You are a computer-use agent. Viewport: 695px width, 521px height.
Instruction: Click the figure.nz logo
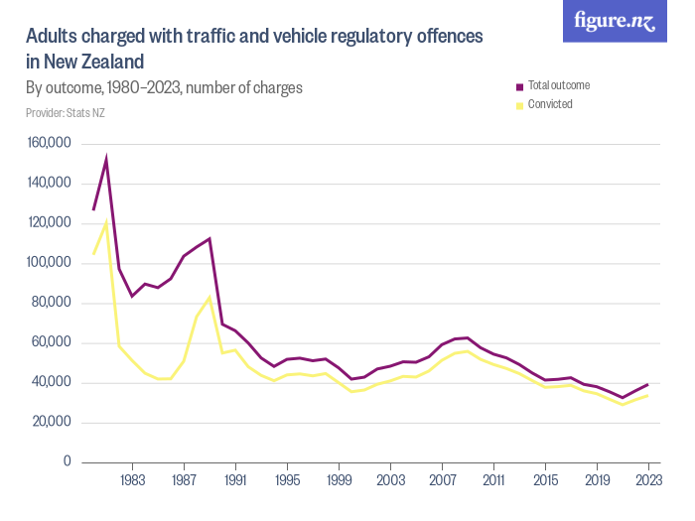(615, 21)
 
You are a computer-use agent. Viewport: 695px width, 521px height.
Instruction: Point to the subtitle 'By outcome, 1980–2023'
(164, 88)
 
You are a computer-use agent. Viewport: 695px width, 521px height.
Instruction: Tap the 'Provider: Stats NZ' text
(66, 113)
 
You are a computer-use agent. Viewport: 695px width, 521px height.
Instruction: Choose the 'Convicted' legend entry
(550, 104)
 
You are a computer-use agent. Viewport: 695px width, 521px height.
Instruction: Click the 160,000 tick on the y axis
(49, 144)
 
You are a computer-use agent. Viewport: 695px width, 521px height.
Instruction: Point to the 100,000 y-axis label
(49, 263)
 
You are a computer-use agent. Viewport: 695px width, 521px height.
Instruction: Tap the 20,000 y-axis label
(52, 423)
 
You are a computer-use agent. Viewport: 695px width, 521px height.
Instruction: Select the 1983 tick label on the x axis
(132, 480)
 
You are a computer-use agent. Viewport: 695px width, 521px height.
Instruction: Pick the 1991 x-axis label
(235, 480)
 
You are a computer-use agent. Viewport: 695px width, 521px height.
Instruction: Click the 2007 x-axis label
(442, 480)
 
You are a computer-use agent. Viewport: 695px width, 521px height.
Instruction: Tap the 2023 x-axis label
(648, 480)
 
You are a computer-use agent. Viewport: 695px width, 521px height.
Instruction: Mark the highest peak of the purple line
(106, 159)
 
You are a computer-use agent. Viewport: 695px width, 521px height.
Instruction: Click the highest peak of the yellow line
(106, 221)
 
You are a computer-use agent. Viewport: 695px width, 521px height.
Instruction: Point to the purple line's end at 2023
(648, 384)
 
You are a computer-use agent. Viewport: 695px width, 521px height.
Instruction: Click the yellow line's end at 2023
(648, 395)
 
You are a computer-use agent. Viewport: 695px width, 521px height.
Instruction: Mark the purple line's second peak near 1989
(209, 238)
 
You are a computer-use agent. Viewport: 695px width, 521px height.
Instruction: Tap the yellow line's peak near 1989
(209, 298)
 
